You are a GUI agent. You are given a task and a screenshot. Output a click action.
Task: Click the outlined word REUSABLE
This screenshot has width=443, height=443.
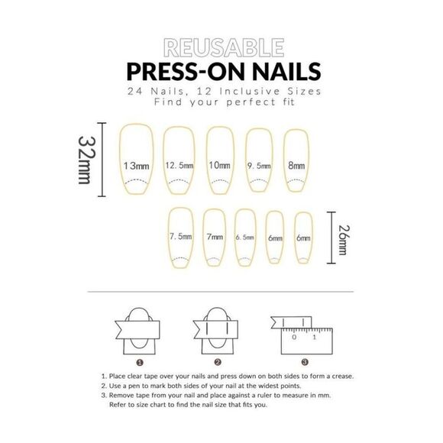(224, 48)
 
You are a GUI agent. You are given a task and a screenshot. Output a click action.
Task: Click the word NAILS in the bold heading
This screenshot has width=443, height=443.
(286, 71)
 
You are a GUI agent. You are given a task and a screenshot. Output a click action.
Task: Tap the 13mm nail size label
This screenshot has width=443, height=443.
(136, 166)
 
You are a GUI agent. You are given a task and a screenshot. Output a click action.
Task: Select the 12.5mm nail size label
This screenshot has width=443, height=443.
(179, 165)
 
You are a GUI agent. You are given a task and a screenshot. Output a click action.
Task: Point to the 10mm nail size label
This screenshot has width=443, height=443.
(219, 165)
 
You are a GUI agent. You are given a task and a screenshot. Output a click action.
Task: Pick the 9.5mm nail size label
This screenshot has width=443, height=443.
(259, 166)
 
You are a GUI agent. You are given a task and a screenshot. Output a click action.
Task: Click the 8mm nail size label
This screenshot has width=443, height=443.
(296, 165)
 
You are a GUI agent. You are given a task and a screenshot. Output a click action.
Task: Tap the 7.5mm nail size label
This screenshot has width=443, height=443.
(180, 236)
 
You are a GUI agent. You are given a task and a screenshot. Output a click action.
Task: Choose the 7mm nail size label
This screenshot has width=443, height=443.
(215, 237)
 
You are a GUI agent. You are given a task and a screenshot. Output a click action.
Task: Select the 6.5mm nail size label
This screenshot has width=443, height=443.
(244, 238)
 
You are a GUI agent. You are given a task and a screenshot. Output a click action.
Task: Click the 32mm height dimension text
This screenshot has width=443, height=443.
(87, 160)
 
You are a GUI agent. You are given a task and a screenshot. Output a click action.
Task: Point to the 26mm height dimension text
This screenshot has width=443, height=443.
(344, 240)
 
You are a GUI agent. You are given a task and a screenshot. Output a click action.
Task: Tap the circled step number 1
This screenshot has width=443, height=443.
(140, 363)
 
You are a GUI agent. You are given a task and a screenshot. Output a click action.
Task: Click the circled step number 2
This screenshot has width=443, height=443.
(218, 362)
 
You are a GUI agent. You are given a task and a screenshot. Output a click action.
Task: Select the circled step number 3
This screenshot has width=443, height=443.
(305, 362)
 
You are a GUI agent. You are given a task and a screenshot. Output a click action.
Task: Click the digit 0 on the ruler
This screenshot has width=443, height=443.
(294, 337)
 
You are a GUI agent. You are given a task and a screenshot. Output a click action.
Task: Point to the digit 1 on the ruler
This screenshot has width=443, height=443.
(315, 337)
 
